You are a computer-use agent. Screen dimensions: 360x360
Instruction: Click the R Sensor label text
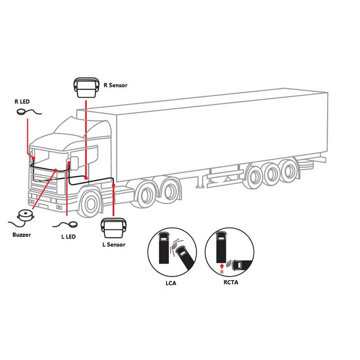[x=116, y=85]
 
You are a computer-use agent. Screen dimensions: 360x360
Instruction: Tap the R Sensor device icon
[x=86, y=88]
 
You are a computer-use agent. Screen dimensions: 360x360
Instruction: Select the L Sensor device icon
[x=114, y=228]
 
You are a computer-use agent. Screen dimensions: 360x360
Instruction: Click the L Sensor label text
[x=114, y=244]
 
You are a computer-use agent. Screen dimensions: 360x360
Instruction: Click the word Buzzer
[x=22, y=234]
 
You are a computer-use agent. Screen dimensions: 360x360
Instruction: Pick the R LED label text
[x=22, y=102]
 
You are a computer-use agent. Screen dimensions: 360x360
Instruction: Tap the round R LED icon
[x=22, y=112]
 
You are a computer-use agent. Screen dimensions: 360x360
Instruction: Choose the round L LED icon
[x=73, y=224]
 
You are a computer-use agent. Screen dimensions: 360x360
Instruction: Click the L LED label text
[x=68, y=237]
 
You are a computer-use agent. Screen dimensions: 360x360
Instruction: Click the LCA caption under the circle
[x=171, y=283]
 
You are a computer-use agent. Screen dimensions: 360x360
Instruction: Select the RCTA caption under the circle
[x=231, y=282]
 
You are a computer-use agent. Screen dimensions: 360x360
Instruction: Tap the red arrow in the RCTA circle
[x=221, y=266]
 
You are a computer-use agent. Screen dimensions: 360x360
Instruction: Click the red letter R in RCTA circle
[x=221, y=272]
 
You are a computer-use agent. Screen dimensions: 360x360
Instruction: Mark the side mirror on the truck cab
[x=74, y=163]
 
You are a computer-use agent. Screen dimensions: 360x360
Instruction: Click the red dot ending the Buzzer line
[x=55, y=170]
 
